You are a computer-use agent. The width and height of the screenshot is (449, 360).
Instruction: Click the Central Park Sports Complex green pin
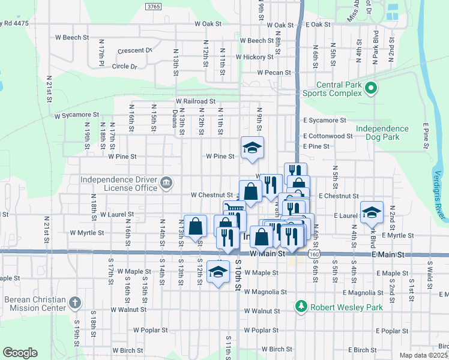(371, 89)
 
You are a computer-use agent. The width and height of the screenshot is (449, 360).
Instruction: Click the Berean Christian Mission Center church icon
(74, 302)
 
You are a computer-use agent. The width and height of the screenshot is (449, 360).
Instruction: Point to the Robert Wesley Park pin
(302, 307)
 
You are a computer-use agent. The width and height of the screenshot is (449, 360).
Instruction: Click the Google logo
(20, 353)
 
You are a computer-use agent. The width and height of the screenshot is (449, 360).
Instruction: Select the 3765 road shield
(153, 6)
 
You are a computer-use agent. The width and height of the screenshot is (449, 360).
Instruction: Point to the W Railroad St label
(195, 102)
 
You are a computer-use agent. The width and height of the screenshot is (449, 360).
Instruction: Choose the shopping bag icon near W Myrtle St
(196, 227)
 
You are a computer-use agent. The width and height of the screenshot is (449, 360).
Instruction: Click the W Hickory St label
(255, 57)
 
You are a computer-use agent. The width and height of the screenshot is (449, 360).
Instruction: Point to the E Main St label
(389, 255)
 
